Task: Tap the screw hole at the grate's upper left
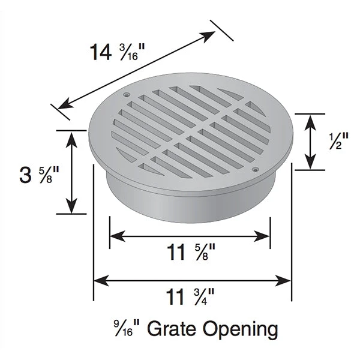[126, 94]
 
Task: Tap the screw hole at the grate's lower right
[256, 170]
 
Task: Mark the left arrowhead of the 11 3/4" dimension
[99, 280]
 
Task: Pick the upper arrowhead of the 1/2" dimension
[310, 119]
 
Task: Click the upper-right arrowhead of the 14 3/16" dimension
[210, 34]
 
